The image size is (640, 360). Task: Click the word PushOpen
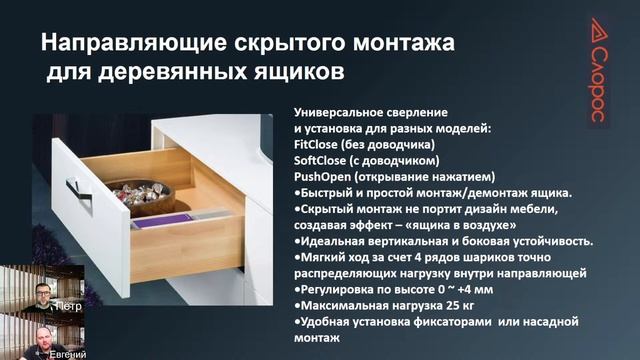click(x=323, y=176)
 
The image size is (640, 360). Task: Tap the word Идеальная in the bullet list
click(x=335, y=241)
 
